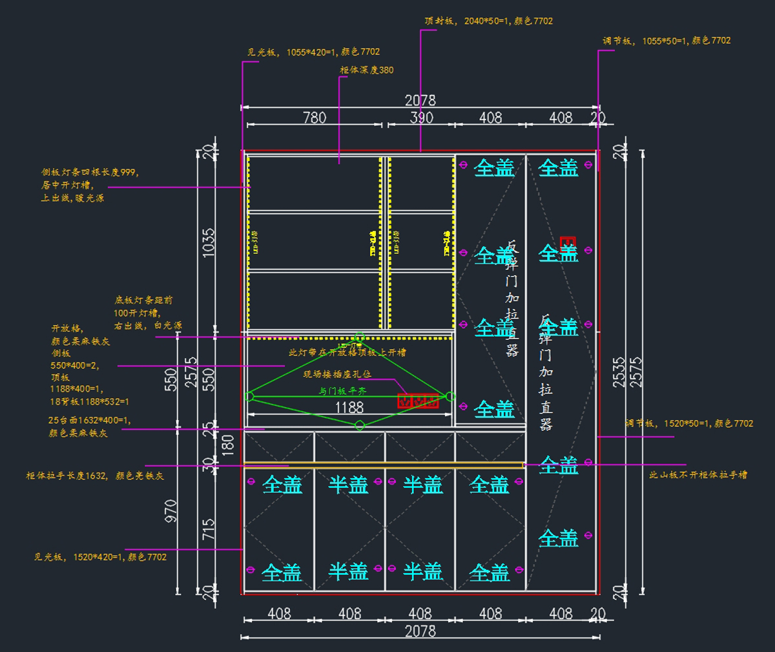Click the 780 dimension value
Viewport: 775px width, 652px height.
point(315,117)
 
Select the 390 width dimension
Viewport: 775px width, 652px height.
point(421,117)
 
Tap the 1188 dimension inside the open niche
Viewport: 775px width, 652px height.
point(349,407)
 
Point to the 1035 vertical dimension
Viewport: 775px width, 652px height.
point(209,243)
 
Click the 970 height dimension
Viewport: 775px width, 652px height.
point(171,510)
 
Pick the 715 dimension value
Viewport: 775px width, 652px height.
point(209,530)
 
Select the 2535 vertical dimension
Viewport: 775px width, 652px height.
point(619,372)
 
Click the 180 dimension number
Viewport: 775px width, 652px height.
point(227,445)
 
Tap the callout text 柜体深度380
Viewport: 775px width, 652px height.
point(366,70)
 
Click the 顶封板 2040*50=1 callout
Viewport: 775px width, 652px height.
point(488,21)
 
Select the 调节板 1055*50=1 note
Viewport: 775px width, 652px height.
point(666,40)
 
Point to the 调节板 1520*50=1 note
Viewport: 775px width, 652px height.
point(689,423)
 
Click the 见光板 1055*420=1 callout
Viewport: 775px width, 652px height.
point(313,52)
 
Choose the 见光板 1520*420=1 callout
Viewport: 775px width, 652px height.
point(100,556)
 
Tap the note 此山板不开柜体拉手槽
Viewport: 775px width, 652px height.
point(697,474)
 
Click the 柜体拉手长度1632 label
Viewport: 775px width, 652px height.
point(94,476)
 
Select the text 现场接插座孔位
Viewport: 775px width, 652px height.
point(337,373)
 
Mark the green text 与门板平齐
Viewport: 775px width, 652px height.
point(342,391)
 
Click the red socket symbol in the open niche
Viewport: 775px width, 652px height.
point(418,401)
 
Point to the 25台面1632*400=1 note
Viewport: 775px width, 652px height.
point(88,420)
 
